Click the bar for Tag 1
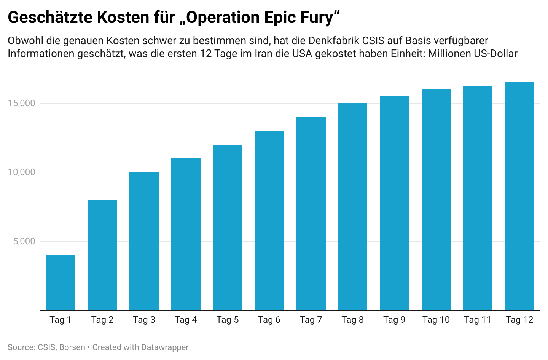tap(61, 283)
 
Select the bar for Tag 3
tap(144, 241)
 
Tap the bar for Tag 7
tap(311, 213)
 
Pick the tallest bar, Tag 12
tap(519, 196)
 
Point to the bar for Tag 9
tap(394, 203)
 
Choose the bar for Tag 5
tap(228, 228)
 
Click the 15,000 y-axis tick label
tap(22, 103)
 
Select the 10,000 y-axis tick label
tap(22, 172)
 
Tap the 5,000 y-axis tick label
tap(24, 241)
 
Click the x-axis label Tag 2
tap(102, 320)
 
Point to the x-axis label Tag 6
tap(269, 320)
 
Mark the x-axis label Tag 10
tap(436, 320)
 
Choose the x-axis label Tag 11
tap(478, 320)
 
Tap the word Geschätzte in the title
tap(50, 18)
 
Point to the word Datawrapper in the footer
tap(165, 347)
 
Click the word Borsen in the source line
tap(72, 347)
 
